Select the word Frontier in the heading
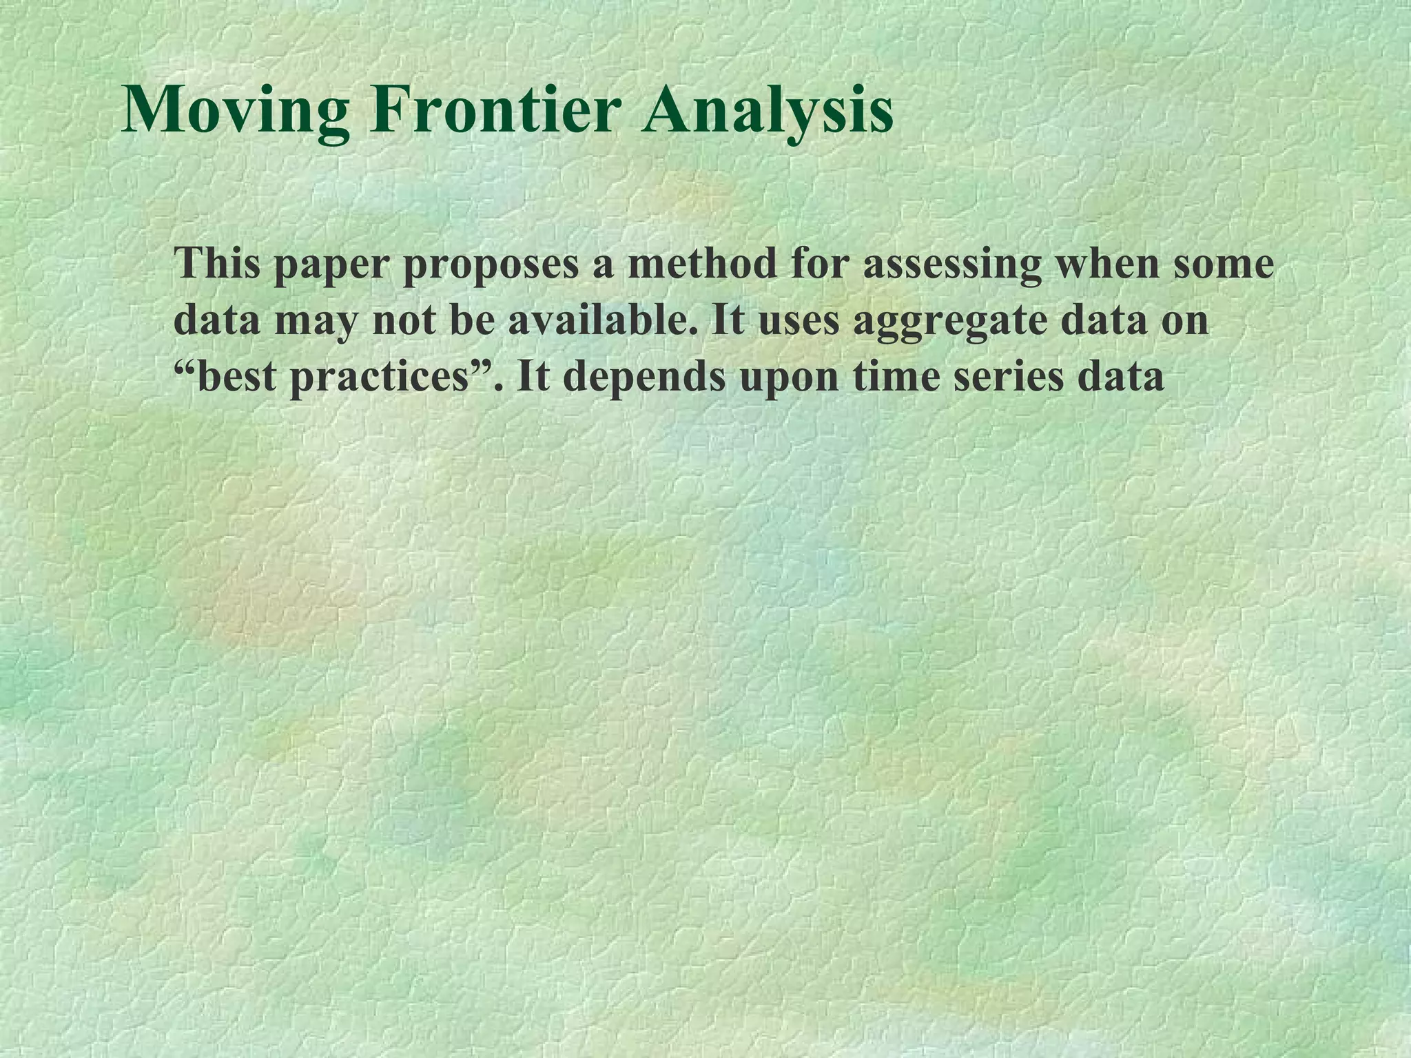point(495,110)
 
